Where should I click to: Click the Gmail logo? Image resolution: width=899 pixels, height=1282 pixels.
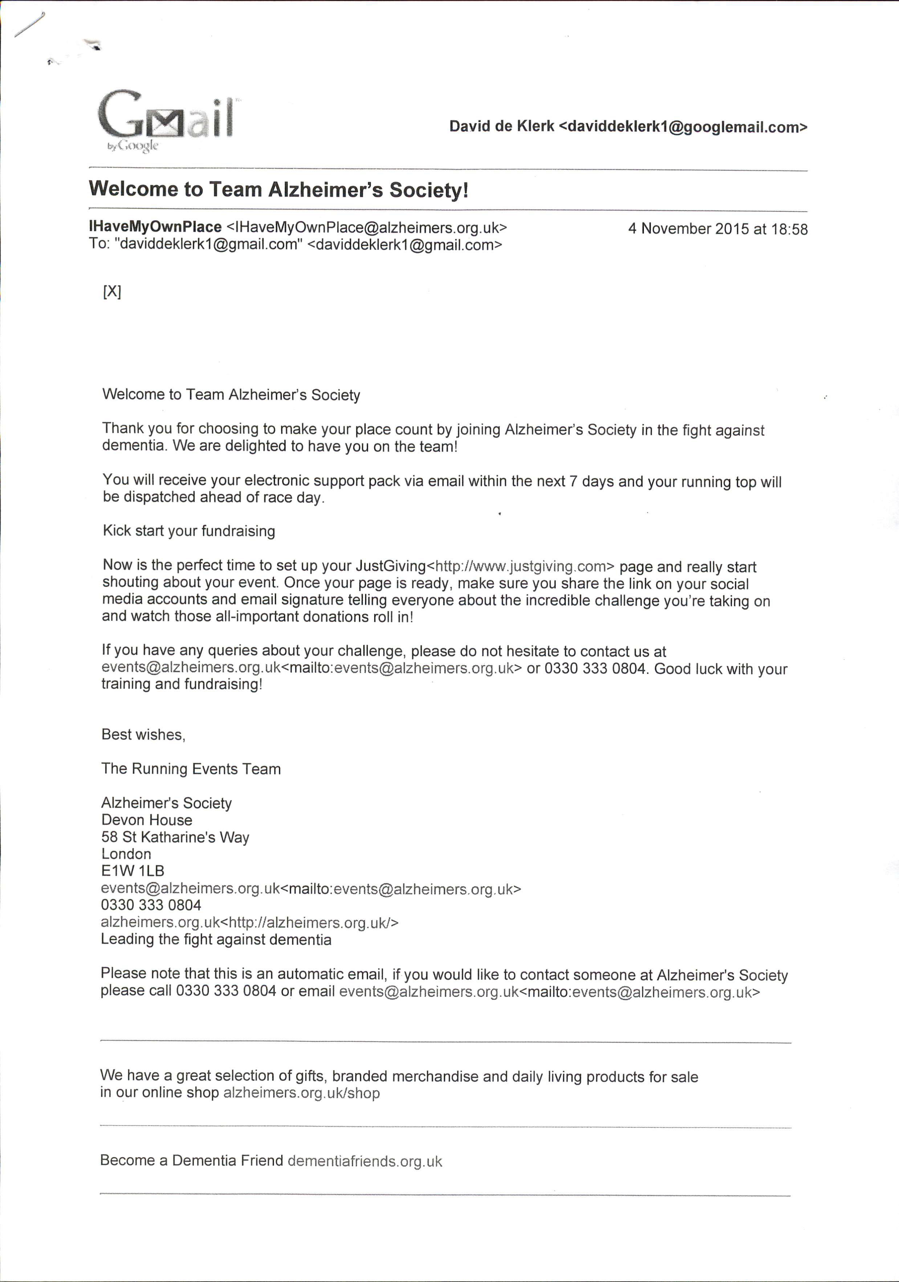click(x=165, y=118)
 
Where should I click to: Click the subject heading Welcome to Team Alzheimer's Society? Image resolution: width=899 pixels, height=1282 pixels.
click(x=278, y=190)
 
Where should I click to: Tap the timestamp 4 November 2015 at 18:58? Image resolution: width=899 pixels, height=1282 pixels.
click(x=717, y=229)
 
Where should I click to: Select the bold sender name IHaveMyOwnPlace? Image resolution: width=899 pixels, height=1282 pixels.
click(x=155, y=227)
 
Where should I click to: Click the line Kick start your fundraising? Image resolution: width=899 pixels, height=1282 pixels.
click(x=188, y=531)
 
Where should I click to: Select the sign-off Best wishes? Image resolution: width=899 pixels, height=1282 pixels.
click(x=143, y=734)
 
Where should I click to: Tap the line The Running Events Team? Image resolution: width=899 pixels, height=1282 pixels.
click(x=191, y=769)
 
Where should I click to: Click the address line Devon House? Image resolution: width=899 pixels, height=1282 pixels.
click(x=147, y=820)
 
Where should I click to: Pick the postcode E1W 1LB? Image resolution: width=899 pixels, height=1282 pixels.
click(x=133, y=871)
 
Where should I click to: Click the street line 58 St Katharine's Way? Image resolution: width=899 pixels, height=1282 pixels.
click(x=175, y=837)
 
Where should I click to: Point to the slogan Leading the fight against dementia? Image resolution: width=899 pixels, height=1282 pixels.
click(x=216, y=939)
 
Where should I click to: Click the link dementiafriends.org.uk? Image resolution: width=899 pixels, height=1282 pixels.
click(x=365, y=1161)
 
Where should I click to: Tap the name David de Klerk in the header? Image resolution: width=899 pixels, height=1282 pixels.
click(x=502, y=127)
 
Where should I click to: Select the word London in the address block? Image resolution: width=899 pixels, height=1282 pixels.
click(x=126, y=854)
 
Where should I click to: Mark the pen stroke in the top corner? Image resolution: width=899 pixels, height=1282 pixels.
click(x=29, y=25)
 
